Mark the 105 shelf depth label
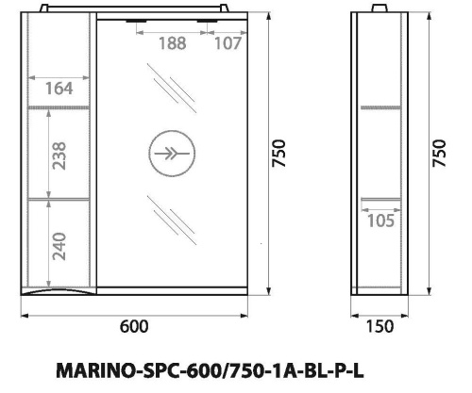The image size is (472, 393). coord(380,221)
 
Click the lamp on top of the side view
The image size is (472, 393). coord(381,10)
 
